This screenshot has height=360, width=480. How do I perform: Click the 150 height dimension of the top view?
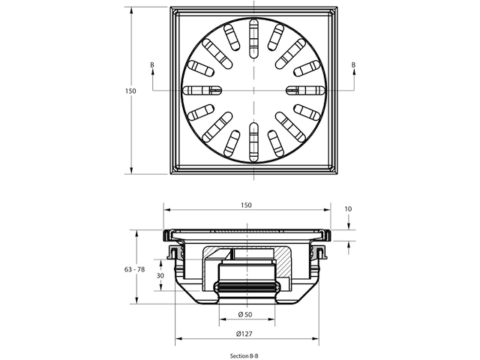click(x=130, y=91)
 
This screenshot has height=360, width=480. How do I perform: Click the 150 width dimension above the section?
click(x=247, y=205)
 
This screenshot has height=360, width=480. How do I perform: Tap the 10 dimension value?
click(x=348, y=208)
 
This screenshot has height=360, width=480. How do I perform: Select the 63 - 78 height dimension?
click(x=135, y=269)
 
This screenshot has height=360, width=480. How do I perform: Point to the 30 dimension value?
click(x=160, y=275)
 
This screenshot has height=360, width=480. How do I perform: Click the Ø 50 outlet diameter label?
click(x=245, y=314)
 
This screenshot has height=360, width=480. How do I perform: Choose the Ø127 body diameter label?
click(x=244, y=334)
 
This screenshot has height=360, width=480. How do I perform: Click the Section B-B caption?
click(x=244, y=355)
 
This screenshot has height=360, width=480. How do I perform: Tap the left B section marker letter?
click(x=152, y=65)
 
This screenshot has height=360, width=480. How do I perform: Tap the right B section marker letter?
click(x=353, y=65)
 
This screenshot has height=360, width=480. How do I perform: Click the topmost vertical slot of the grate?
click(x=253, y=38)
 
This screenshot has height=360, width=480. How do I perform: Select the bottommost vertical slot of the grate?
click(x=253, y=142)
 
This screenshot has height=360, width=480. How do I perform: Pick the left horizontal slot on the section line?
click(x=202, y=90)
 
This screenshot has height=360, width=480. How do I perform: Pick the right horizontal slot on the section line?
click(x=305, y=90)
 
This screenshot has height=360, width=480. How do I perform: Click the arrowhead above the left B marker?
click(x=152, y=72)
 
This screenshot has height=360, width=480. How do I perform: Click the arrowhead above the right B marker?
click(x=354, y=72)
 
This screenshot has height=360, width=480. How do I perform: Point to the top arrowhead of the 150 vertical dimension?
click(x=132, y=11)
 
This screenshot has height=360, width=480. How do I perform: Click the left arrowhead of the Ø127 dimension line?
click(x=178, y=338)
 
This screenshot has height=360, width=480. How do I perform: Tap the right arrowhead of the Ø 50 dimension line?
click(x=271, y=319)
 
